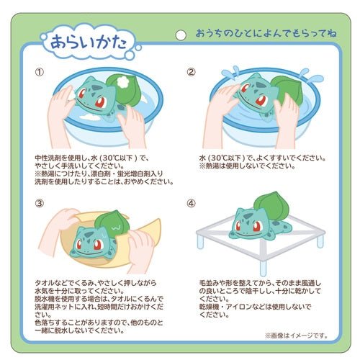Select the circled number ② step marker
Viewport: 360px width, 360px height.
pos(191,72)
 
